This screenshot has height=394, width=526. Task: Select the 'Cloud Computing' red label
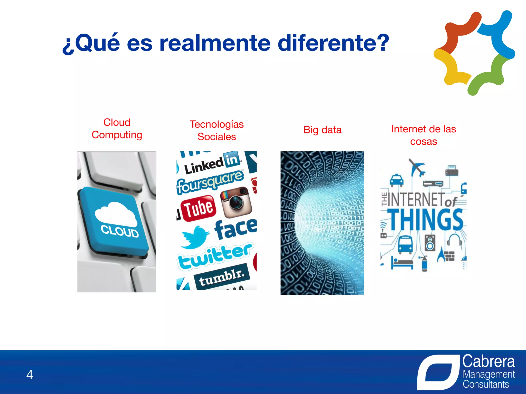117,129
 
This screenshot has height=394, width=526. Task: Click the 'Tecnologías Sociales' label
217,130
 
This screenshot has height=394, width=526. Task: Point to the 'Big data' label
322,130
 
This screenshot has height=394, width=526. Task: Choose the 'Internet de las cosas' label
423,135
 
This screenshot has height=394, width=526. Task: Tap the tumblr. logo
221,277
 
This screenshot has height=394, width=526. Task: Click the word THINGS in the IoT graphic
426,220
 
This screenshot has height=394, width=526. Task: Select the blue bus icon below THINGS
405,244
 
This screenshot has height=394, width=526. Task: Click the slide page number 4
30,375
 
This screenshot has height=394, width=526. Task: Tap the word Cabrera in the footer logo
488,362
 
